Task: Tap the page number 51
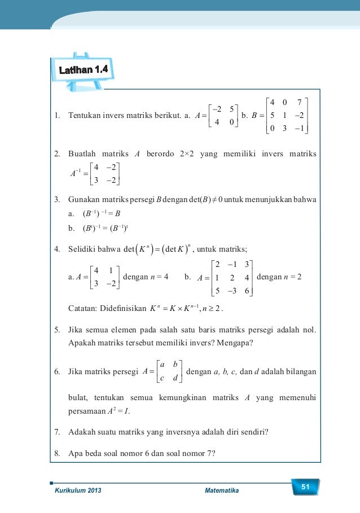point(306,487)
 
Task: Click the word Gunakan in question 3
point(84,200)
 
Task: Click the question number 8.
point(56,453)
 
